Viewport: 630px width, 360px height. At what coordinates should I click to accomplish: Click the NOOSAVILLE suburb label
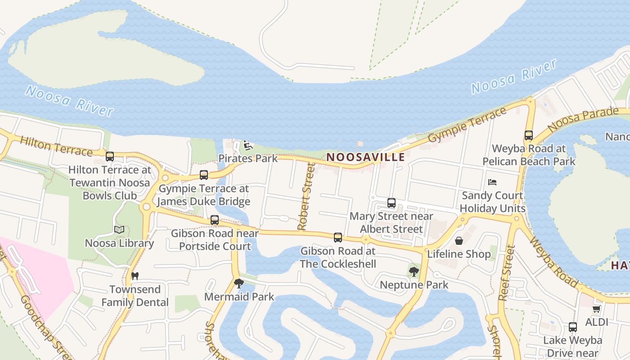click(x=365, y=157)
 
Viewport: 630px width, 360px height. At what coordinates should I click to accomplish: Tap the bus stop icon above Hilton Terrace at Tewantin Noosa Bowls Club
click(x=110, y=157)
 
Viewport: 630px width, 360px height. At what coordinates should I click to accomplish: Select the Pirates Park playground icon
click(x=248, y=145)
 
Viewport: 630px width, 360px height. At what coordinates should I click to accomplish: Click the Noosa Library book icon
click(x=119, y=230)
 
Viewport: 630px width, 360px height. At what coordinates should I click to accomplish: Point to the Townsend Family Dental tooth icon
click(x=135, y=276)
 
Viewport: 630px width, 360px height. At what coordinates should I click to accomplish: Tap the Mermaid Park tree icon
click(x=239, y=283)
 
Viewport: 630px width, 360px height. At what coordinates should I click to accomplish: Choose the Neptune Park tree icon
click(x=414, y=271)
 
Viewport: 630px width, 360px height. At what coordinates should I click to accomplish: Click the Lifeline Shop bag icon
click(x=459, y=241)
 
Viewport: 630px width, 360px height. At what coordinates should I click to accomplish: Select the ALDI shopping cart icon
click(x=597, y=309)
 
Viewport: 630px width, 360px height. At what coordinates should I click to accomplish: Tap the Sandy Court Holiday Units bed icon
click(x=492, y=182)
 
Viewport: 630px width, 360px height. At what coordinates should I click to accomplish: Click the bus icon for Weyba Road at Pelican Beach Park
click(x=529, y=135)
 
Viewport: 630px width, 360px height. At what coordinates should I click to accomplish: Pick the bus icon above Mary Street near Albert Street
click(x=391, y=203)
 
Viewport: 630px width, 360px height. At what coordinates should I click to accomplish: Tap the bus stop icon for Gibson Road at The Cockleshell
click(x=338, y=238)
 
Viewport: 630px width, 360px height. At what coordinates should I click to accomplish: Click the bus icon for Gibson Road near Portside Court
click(x=215, y=220)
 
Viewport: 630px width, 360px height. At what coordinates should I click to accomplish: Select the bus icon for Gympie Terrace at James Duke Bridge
click(x=204, y=175)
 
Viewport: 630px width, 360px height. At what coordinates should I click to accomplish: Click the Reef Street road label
click(x=507, y=272)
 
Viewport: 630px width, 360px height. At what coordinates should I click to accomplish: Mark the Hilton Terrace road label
click(x=56, y=147)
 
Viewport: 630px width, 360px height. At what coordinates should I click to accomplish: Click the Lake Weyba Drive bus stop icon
click(x=573, y=327)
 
